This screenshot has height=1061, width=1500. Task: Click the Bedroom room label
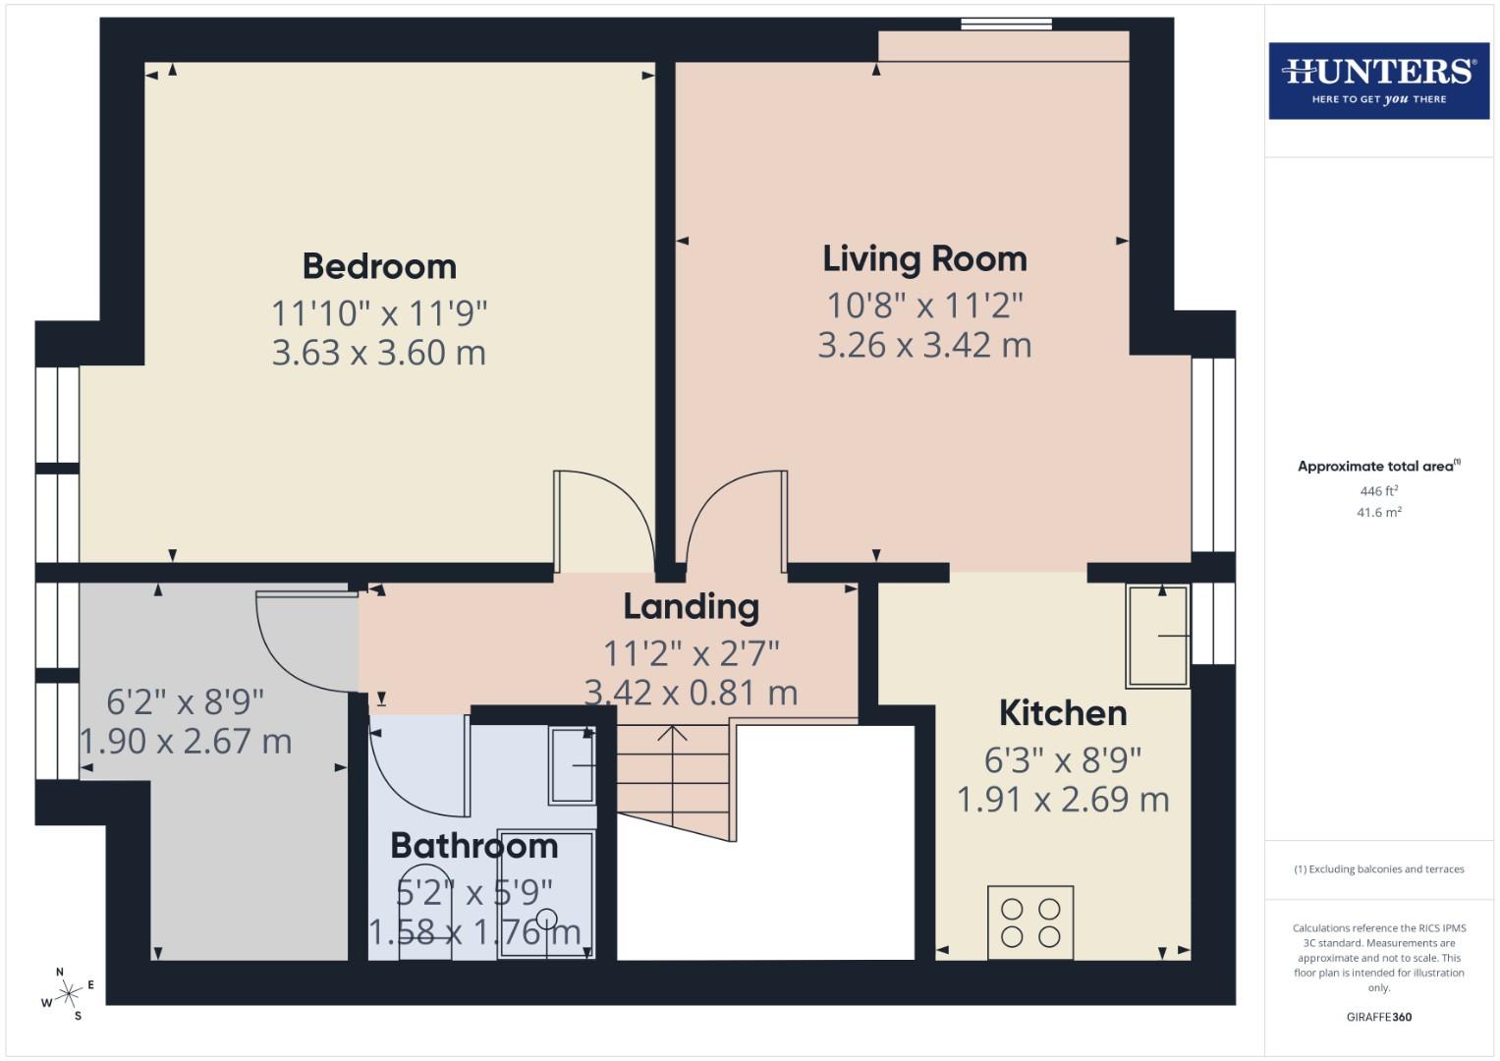379,266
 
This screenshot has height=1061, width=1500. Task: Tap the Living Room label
924,258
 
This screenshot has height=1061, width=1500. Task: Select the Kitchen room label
1063,713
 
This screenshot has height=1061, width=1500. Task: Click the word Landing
691,607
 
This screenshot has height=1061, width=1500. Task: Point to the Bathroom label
473,846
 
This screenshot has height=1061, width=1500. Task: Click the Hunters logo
1378,81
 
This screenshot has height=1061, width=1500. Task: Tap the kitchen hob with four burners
1029,922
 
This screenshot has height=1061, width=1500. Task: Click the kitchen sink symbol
1157,636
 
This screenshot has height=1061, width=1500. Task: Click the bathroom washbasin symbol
572,765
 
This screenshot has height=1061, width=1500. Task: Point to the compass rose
69,994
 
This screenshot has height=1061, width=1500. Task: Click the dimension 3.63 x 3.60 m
379,353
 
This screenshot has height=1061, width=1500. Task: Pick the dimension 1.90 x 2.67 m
186,742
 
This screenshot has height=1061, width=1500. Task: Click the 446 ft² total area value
1378,491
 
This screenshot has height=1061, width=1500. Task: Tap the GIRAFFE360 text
1378,1017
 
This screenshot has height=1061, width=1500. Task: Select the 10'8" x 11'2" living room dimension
924,306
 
